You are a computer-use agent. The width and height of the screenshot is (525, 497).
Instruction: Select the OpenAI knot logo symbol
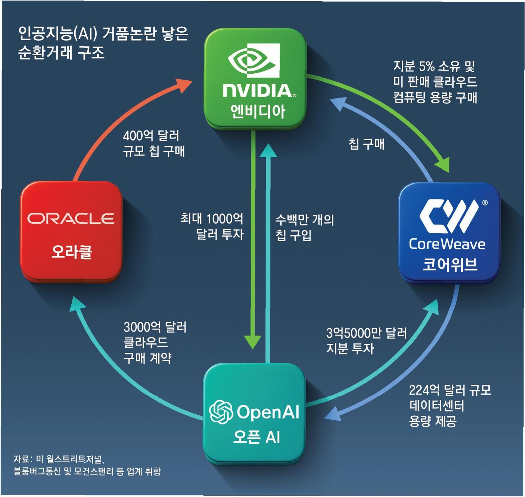221,412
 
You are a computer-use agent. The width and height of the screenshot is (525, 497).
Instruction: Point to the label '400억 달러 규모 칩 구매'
154,143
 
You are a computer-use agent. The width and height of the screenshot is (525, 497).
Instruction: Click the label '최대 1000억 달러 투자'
212,226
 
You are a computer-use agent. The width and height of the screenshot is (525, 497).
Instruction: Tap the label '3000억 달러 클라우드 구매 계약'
155,342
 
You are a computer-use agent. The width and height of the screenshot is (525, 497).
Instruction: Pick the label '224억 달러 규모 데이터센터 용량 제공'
450,405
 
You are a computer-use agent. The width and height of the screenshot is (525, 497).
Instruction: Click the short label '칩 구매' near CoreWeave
366,144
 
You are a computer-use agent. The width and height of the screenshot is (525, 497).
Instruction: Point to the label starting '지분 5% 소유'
435,82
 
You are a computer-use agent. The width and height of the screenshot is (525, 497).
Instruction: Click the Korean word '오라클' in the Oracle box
72,252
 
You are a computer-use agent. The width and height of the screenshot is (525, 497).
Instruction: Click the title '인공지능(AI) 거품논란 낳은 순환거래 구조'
103,43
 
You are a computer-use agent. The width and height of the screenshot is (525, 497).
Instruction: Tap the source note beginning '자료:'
87,465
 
